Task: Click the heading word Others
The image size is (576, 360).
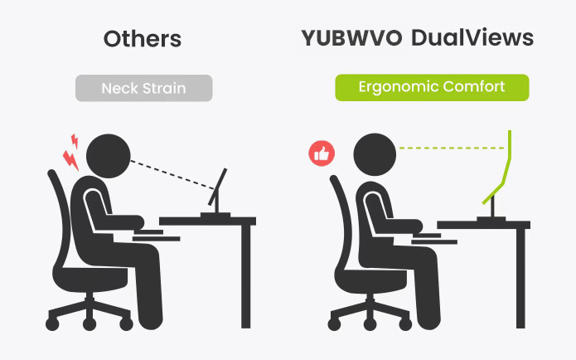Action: (x=143, y=39)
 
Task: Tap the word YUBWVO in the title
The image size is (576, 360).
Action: (x=351, y=37)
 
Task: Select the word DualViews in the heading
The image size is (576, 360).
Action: (x=472, y=37)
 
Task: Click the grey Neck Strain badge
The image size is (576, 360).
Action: (x=144, y=88)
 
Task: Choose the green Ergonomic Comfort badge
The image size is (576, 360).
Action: (x=432, y=88)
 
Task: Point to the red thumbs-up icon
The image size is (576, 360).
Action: (x=322, y=153)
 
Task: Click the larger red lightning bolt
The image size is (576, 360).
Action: (x=70, y=160)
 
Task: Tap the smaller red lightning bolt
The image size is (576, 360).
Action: (x=75, y=141)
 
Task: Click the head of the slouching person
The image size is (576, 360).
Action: (x=109, y=156)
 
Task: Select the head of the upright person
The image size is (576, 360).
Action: (x=375, y=154)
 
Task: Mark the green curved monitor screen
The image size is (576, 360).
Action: (x=497, y=168)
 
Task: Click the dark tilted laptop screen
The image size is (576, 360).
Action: (x=217, y=187)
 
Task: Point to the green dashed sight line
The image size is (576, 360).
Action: (x=452, y=148)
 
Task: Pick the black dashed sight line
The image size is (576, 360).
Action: (x=172, y=175)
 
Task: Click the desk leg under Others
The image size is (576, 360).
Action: (x=246, y=276)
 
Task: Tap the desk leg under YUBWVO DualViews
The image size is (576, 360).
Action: (x=520, y=278)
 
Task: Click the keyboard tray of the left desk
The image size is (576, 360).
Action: (x=156, y=239)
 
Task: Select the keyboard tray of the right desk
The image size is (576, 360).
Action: (x=434, y=241)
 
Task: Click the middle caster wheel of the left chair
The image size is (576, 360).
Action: (x=90, y=324)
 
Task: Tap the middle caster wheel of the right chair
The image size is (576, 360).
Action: (x=370, y=324)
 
